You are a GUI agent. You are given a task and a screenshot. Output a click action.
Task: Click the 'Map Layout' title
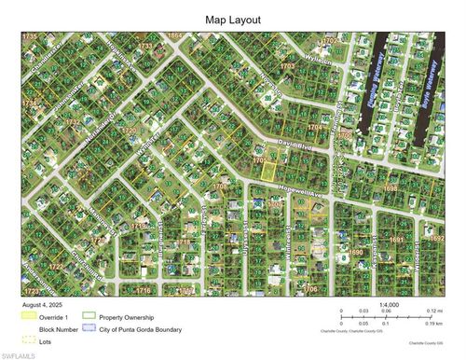pyautogui.click(x=232, y=19)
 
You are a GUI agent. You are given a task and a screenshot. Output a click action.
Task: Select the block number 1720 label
pyautogui.click(x=130, y=131)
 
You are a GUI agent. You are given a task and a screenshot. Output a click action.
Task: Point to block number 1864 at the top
pyautogui.click(x=174, y=35)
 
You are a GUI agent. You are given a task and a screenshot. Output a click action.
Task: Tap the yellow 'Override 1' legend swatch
pyautogui.click(x=29, y=316)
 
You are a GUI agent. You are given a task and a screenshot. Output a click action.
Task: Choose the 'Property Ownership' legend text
pyautogui.click(x=125, y=316)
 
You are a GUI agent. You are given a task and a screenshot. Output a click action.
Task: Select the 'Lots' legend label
pyautogui.click(x=44, y=340)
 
